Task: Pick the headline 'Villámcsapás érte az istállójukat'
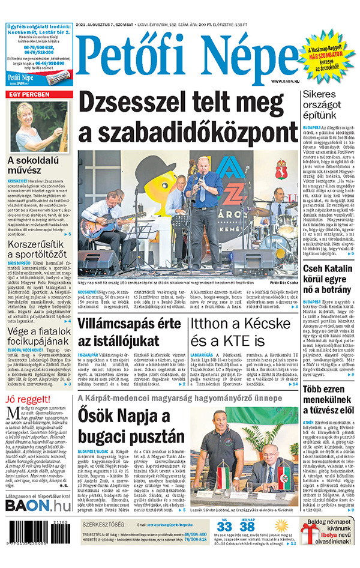tap(129, 333)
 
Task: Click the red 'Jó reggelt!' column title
tap(28, 399)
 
